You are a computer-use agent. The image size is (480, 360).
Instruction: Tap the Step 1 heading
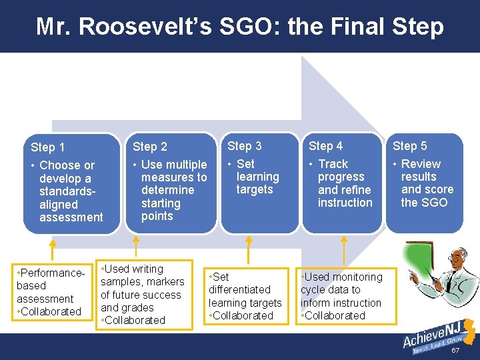(x=48, y=147)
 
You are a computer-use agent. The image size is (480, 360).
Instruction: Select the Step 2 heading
(x=150, y=147)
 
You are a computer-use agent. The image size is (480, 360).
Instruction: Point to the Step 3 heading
(x=245, y=146)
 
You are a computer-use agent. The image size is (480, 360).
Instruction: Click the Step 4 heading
(x=325, y=146)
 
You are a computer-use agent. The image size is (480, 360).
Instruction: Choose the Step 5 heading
(x=410, y=146)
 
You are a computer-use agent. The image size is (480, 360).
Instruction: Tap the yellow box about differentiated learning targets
(x=245, y=296)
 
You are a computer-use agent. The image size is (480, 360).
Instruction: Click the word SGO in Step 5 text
(x=435, y=202)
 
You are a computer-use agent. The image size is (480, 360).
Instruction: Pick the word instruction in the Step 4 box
(x=345, y=202)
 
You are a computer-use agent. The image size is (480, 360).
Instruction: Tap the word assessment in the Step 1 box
(x=71, y=217)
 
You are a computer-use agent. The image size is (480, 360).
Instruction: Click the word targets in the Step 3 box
(x=255, y=189)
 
